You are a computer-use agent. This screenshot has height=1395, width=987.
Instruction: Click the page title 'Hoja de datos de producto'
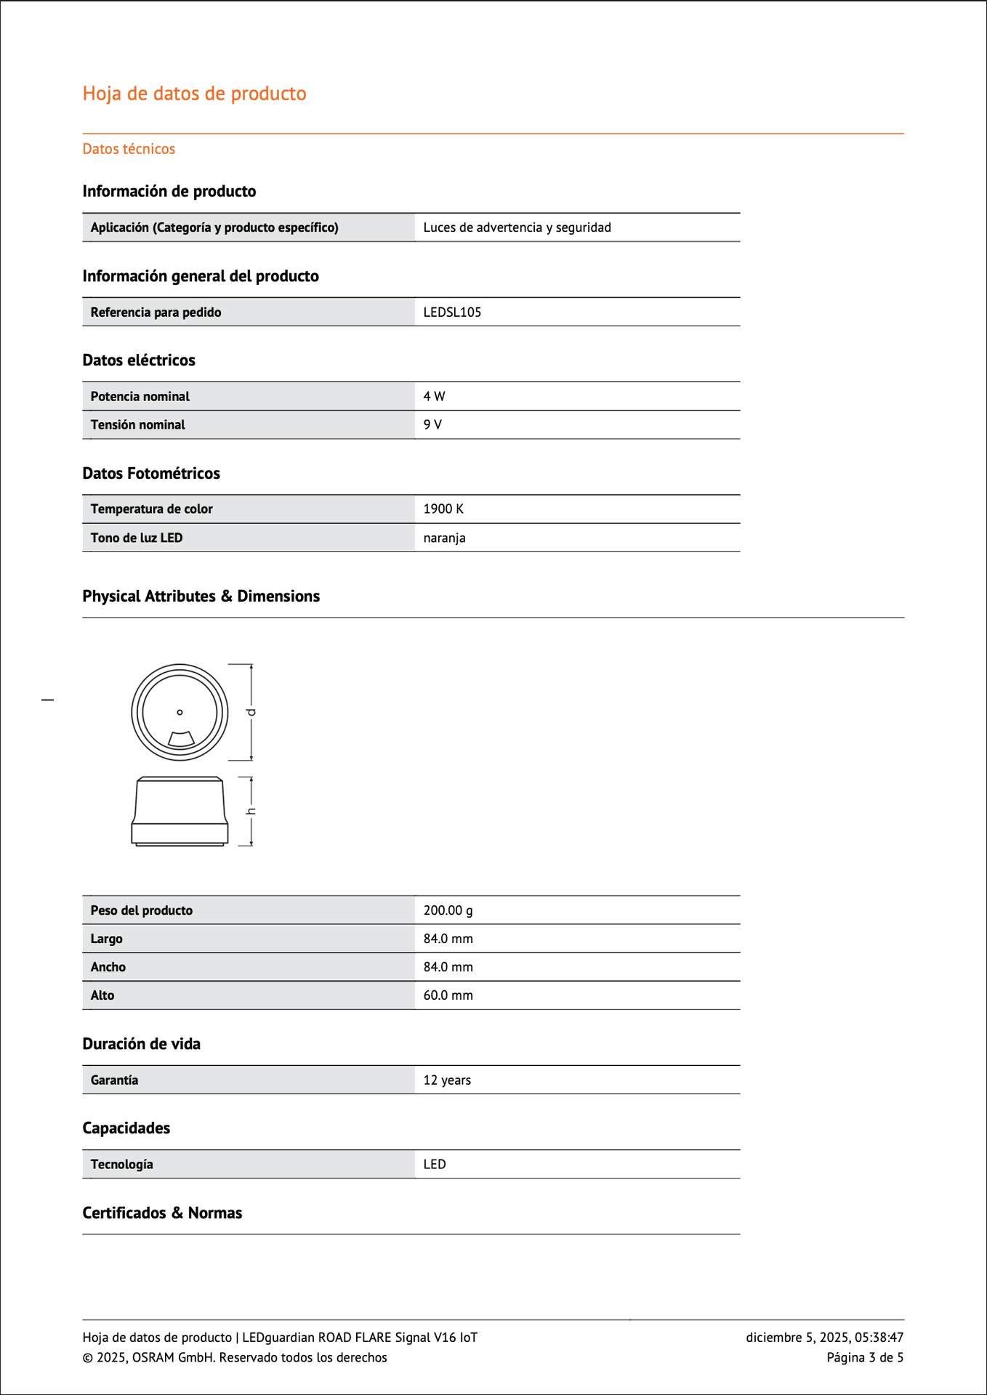tap(194, 94)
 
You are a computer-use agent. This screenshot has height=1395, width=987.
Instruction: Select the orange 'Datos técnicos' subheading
tap(129, 149)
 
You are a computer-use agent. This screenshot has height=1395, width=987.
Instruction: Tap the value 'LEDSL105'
tap(452, 312)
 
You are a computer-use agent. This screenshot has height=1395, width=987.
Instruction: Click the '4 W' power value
tap(434, 397)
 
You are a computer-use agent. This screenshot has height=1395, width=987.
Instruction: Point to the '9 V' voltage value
tap(432, 425)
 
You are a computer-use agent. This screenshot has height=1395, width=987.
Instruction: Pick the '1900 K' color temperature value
tap(443, 509)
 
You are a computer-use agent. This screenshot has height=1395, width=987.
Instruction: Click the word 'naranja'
tap(444, 538)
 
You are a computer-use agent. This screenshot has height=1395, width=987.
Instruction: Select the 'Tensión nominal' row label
tap(137, 425)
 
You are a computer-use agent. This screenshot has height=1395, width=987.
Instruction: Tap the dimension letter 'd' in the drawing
tap(251, 712)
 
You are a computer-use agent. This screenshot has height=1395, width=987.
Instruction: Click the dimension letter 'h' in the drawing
tap(251, 811)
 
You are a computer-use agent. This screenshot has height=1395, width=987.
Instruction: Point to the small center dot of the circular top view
tap(180, 712)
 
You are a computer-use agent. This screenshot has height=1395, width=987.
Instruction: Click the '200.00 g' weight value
tap(448, 910)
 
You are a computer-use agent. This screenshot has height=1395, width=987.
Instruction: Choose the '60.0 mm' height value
tap(448, 995)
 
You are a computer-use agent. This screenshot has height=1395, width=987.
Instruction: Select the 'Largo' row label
tap(106, 939)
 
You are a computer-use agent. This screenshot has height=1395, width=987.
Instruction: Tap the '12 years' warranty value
tap(447, 1080)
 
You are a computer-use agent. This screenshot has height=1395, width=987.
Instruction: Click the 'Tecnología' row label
tap(121, 1165)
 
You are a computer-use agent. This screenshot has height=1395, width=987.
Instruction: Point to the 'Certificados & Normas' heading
tap(162, 1213)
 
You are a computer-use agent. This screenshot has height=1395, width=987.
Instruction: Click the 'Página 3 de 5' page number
tap(865, 1358)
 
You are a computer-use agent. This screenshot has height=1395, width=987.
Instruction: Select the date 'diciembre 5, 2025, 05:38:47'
tap(824, 1338)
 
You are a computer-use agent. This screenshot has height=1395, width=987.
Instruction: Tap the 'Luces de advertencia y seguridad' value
tap(517, 228)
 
